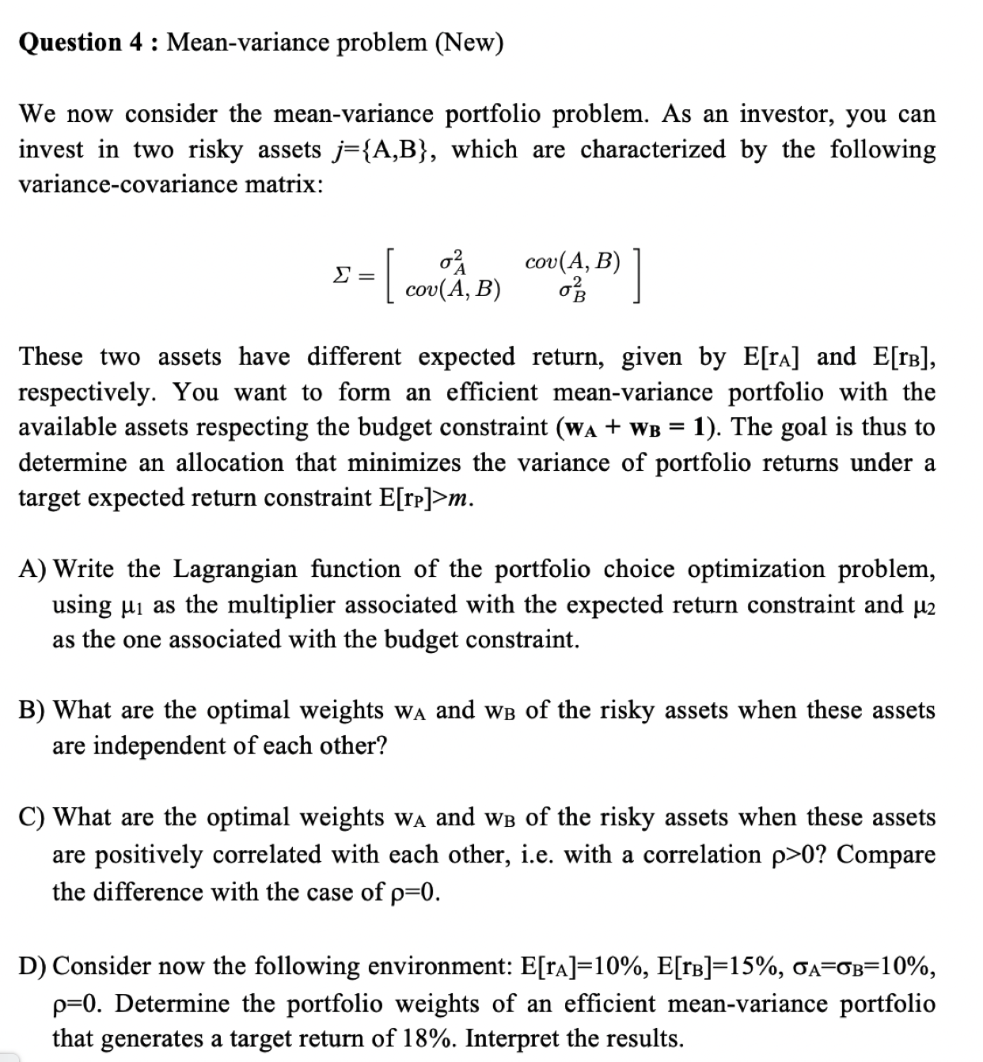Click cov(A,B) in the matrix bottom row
click(453, 290)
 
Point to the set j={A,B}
click(382, 150)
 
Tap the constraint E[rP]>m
click(427, 498)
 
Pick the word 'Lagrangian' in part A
click(235, 569)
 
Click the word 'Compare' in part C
click(886, 855)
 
